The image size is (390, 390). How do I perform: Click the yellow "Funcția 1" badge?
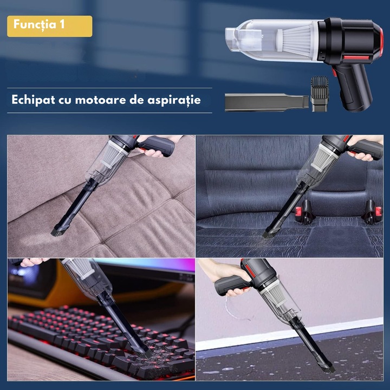pyautogui.click(x=50, y=26)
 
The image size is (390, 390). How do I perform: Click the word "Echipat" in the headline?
pyautogui.click(x=33, y=100)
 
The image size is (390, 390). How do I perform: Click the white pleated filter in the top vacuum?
pyautogui.click(x=296, y=40)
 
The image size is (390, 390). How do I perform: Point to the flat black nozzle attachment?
pyautogui.click(x=267, y=102)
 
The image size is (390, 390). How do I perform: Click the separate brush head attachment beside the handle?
pyautogui.click(x=320, y=94)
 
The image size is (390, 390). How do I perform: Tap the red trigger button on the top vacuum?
pyautogui.click(x=334, y=73)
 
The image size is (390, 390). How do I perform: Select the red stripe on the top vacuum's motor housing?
pyautogui.click(x=356, y=58)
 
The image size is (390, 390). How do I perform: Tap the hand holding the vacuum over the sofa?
pyautogui.click(x=155, y=147)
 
